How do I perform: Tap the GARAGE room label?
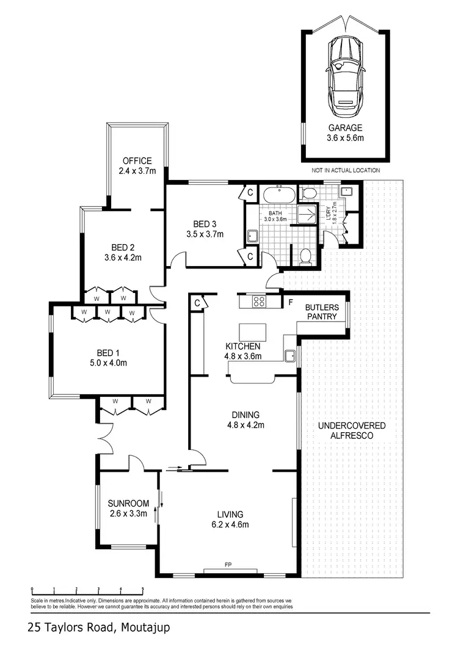click(346, 128)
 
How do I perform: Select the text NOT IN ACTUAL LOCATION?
click(346, 170)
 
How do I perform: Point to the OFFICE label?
click(137, 161)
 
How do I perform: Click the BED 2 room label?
click(123, 247)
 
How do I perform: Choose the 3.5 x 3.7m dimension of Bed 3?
click(205, 234)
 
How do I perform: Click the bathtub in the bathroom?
click(278, 196)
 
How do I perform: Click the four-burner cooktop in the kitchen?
click(258, 301)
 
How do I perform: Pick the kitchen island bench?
click(253, 332)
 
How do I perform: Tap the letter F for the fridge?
click(290, 302)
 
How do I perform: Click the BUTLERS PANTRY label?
click(321, 313)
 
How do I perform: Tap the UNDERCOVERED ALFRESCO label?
click(352, 430)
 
